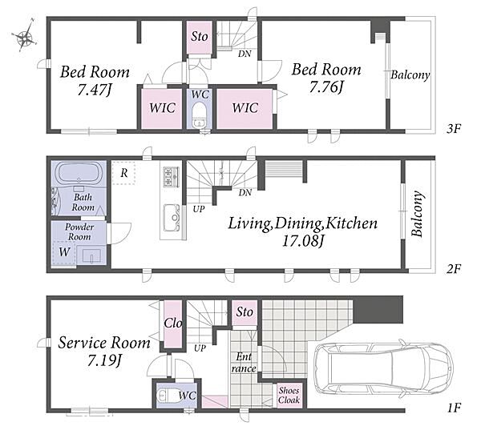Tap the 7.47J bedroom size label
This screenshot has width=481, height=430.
pyautogui.click(x=94, y=90)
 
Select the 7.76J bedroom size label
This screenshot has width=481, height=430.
pyautogui.click(x=325, y=87)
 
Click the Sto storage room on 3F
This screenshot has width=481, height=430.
pyautogui.click(x=200, y=37)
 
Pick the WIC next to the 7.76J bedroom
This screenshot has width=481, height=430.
pyautogui.click(x=245, y=108)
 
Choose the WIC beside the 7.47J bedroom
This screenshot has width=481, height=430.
pyautogui.click(x=162, y=108)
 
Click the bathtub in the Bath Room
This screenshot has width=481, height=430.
pyautogui.click(x=79, y=173)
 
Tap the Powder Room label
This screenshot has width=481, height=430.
pyautogui.click(x=79, y=231)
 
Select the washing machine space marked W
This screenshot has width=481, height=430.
pyautogui.click(x=64, y=252)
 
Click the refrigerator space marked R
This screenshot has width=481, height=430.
pyautogui.click(x=123, y=173)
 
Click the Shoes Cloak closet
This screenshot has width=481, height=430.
pyautogui.click(x=289, y=396)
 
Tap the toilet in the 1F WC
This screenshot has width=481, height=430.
pyautogui.click(x=167, y=396)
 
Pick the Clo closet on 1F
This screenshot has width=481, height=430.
pyautogui.click(x=172, y=324)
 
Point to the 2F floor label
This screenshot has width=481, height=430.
pyautogui.click(x=454, y=269)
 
